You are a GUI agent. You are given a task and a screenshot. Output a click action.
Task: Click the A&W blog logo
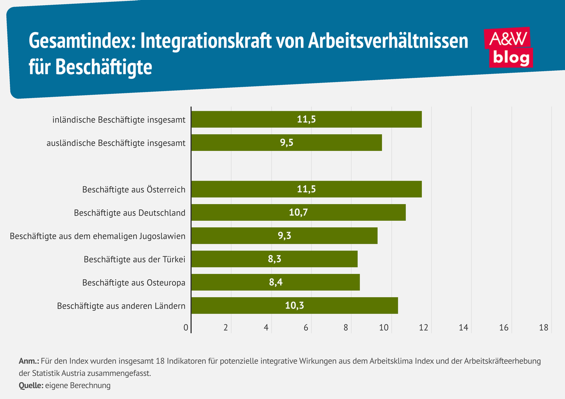[x=508, y=47]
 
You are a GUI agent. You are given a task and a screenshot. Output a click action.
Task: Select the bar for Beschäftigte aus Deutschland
[x=299, y=213]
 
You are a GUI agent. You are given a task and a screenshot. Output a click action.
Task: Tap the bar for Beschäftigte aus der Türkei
[x=274, y=259]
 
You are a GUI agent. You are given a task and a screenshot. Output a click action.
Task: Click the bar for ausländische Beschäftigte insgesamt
[x=287, y=142]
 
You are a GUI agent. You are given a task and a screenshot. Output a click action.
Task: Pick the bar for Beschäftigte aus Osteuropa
[x=275, y=282]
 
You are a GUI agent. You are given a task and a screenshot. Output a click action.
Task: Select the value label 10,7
[x=299, y=213]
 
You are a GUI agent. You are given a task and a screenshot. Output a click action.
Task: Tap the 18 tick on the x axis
[x=544, y=328]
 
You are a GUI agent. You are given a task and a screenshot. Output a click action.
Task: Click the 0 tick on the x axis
[x=186, y=328]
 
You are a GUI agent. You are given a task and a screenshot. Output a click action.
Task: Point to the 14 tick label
[x=464, y=328]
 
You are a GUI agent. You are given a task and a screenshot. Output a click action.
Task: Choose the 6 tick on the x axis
[x=306, y=328]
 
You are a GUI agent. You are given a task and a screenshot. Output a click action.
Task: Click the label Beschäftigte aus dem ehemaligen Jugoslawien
[x=97, y=236]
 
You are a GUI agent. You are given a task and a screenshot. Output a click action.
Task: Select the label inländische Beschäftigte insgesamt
[x=119, y=120]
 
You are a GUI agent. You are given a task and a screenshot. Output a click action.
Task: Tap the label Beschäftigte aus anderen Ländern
[x=121, y=306]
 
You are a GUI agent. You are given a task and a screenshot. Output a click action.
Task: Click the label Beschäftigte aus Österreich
[x=133, y=190]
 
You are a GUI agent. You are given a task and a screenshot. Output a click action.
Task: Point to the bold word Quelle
[x=30, y=385]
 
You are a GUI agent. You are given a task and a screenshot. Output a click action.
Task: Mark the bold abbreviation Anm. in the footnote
[x=29, y=362]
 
